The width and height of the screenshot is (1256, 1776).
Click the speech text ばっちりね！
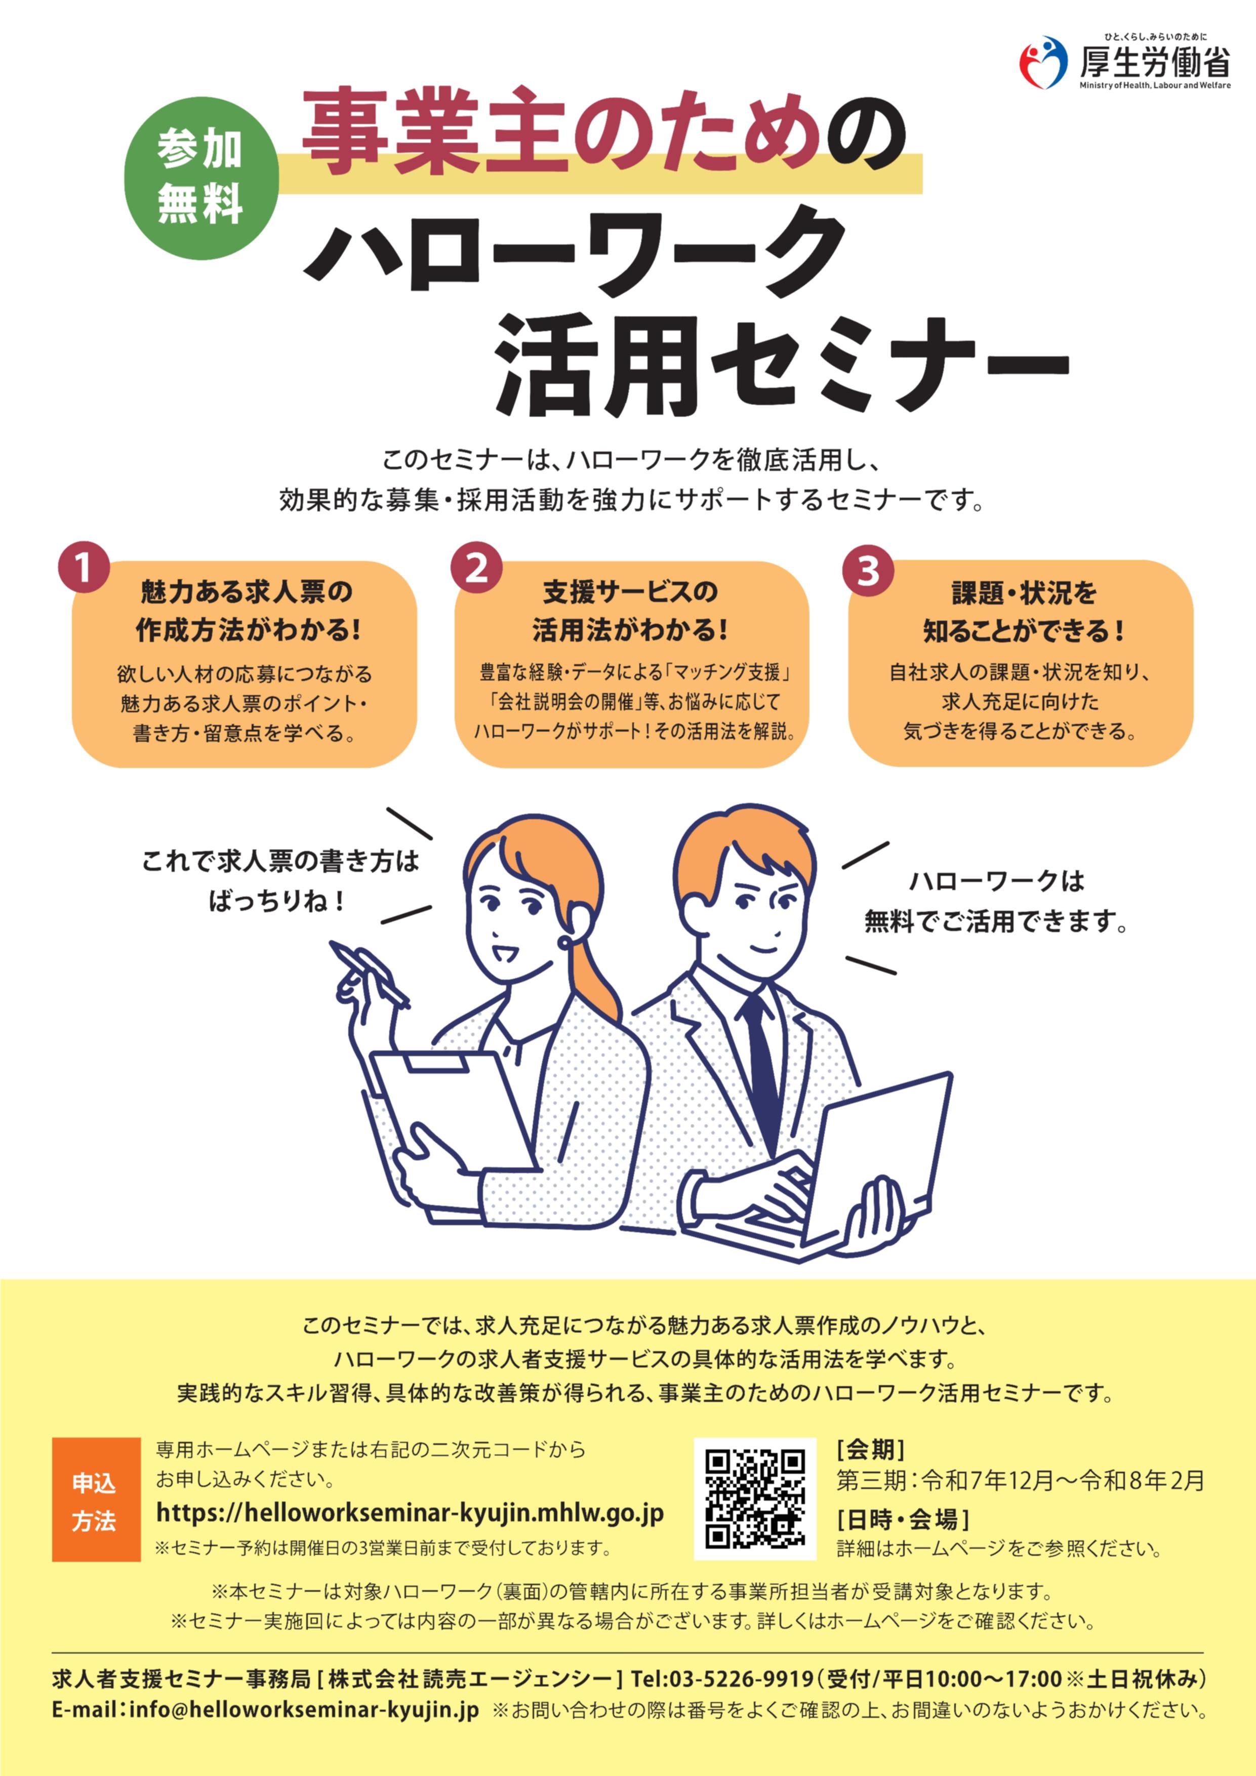pos(276,900)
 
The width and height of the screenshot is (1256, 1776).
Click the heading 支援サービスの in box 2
pos(630,592)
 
